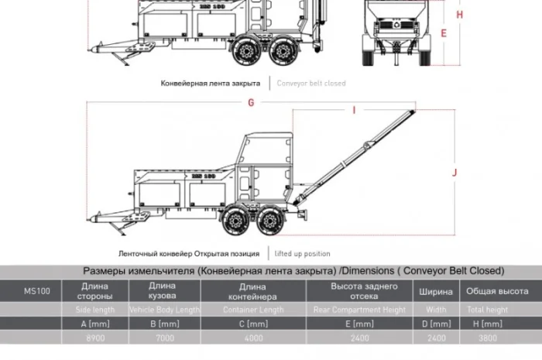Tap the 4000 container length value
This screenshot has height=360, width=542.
pos(252,339)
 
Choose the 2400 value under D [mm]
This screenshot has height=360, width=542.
pos(435,339)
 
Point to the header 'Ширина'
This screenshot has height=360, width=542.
pos(435,292)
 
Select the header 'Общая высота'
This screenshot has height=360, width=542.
pos(496,292)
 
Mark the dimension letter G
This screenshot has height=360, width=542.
pos(251,102)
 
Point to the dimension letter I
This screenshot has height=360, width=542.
pos(354,111)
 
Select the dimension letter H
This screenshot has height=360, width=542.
pos(459,15)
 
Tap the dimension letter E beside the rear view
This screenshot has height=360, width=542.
pos(444,33)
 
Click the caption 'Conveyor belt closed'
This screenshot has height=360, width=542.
pos(311,83)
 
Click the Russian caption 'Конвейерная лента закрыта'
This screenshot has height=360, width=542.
pos(211,83)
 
